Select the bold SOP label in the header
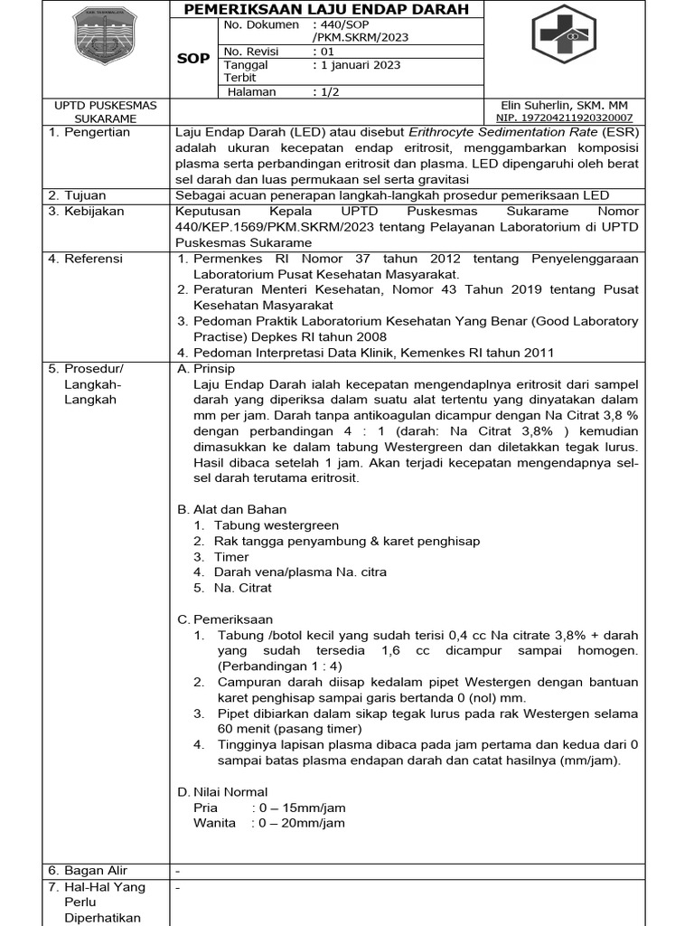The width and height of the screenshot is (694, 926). pos(193,58)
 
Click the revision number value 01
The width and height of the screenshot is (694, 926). pos(322,52)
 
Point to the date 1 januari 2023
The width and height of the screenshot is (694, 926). pos(356,65)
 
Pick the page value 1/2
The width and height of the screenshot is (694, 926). pos(325,91)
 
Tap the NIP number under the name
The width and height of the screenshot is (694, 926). pos(564,118)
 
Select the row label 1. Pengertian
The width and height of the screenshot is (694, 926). pos(89,132)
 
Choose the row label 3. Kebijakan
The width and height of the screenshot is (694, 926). pos(86,211)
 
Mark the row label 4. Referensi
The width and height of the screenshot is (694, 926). pos(85,259)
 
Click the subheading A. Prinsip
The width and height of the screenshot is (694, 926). pos(206,369)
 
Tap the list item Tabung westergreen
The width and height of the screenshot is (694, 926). pos(276,525)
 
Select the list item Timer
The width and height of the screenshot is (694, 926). pos(230,557)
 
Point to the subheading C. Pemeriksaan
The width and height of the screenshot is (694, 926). pos(225,619)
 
